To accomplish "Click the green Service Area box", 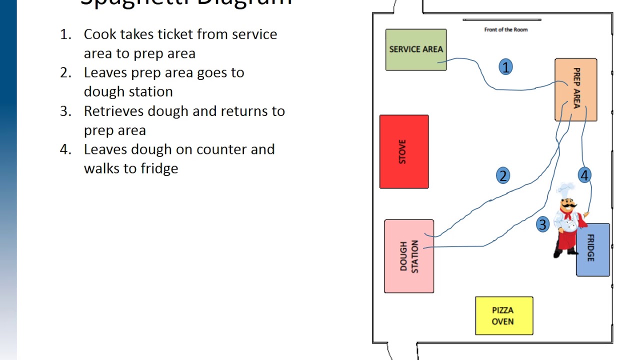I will point(416,49).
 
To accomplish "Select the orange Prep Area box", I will point(575,89).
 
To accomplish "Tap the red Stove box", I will point(404,151).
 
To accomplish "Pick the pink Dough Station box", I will point(409,256).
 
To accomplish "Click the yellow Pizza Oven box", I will point(504,316).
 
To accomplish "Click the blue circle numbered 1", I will point(505,67).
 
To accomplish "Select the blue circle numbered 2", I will point(503,175).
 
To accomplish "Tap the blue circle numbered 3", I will point(542,224).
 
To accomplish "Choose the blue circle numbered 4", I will point(584,175).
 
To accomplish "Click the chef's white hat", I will point(566,190).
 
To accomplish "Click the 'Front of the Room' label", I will point(505,29).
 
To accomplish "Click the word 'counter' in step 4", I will point(217,149).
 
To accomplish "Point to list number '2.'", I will point(66,73).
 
